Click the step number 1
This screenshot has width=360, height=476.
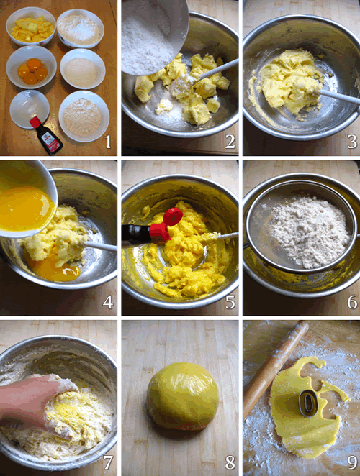(108, 142)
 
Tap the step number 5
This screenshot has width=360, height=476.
(230, 302)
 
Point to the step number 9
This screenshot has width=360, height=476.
(352, 462)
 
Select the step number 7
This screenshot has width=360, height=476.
(108, 462)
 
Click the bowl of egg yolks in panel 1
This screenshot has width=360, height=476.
(31, 68)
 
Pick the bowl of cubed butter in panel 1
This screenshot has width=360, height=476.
(31, 27)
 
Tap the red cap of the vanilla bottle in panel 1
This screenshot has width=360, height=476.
(35, 122)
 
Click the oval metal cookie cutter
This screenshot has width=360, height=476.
(308, 403)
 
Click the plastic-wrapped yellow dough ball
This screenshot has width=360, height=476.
(183, 396)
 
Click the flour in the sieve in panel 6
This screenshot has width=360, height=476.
(309, 232)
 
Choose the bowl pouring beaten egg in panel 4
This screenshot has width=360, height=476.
(27, 199)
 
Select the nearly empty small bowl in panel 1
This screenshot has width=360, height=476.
(30, 109)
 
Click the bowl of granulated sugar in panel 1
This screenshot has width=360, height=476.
(82, 69)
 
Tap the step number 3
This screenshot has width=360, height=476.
(352, 142)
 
